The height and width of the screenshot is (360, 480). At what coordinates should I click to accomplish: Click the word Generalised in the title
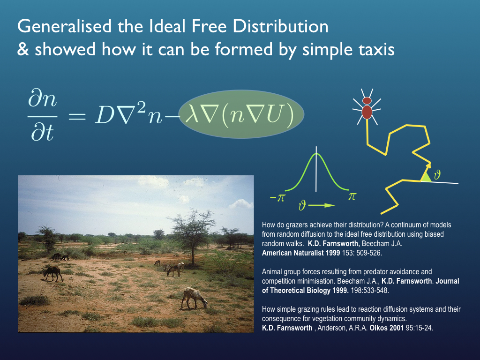(x=64, y=27)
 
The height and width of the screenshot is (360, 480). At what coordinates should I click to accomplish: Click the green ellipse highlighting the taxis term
(x=241, y=114)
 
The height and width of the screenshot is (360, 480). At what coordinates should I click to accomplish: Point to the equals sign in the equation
(x=77, y=116)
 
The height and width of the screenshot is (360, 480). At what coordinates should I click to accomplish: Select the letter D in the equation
(x=105, y=115)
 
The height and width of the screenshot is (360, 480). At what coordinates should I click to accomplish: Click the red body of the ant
(x=367, y=112)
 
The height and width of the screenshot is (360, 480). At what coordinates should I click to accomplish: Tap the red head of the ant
(x=367, y=101)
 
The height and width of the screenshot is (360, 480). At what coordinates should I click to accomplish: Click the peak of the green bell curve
(x=316, y=153)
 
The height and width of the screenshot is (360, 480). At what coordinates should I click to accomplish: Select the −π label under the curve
(x=277, y=198)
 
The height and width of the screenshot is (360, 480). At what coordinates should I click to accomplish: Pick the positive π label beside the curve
(x=352, y=196)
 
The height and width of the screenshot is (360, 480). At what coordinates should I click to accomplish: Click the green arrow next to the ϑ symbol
(x=321, y=205)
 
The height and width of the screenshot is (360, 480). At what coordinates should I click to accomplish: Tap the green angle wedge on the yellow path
(x=426, y=177)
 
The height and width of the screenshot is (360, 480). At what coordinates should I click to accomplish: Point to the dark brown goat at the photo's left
(x=52, y=273)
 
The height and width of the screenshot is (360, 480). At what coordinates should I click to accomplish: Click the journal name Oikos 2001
(x=387, y=328)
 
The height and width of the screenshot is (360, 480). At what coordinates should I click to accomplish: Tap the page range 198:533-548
(x=369, y=291)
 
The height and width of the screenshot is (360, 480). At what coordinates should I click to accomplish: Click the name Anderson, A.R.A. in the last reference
(x=342, y=328)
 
